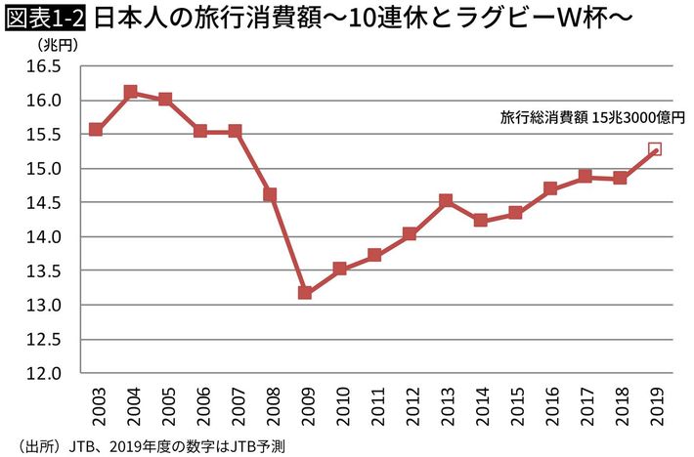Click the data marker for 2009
[305, 293]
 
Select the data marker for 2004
[131, 92]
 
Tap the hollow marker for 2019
[655, 149]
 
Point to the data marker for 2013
[445, 201]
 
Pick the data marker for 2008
[270, 194]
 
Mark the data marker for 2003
[96, 129]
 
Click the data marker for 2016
[550, 188]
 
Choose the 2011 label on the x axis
[375, 404]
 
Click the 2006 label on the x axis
[200, 404]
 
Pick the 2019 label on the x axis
[655, 404]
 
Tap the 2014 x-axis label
[480, 404]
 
